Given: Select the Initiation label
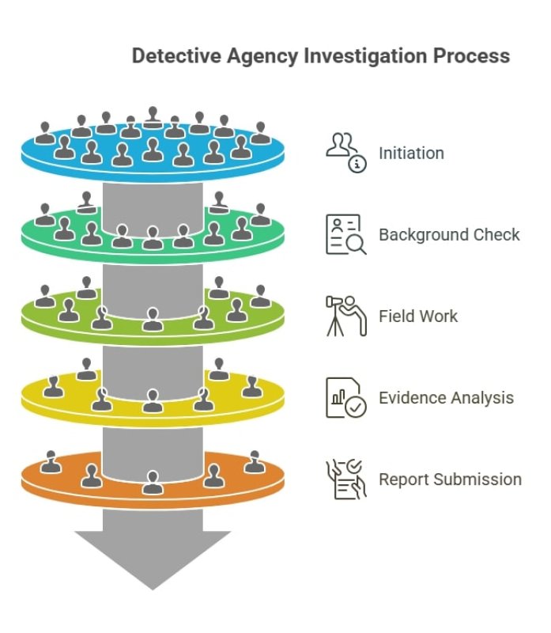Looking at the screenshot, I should (411, 153).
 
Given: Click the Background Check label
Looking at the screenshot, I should (449, 235).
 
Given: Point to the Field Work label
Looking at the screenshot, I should (418, 316).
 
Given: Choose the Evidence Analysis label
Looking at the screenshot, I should (446, 397).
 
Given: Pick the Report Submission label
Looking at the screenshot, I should (450, 479).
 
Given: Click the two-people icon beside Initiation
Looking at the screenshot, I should (343, 147).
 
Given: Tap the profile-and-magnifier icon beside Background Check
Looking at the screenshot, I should (345, 234).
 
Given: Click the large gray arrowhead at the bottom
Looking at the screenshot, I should (152, 558).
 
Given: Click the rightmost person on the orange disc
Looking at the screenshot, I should (254, 461).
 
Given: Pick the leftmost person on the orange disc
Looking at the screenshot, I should (51, 461).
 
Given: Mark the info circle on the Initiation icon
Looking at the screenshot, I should (358, 164).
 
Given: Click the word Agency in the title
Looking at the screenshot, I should (259, 56).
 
